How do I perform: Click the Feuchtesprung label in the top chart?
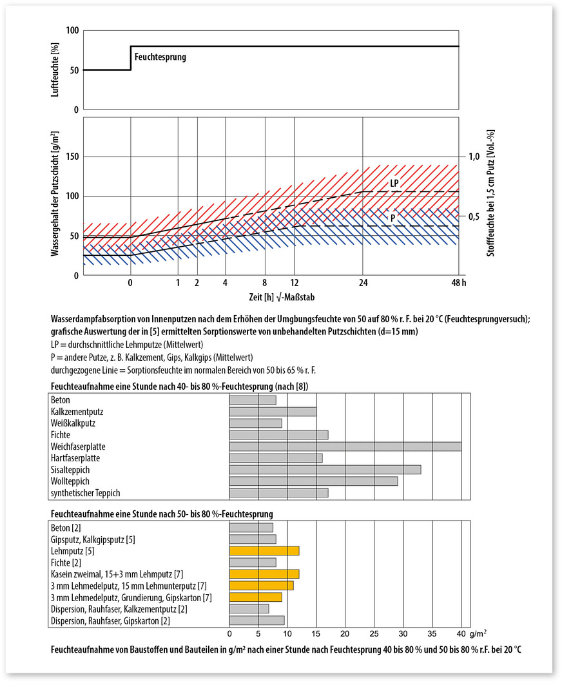coord(160,57)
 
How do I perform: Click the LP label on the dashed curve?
coord(394,184)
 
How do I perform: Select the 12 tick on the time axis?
coord(294,283)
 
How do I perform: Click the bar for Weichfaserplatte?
coord(345,447)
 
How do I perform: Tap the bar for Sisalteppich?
coord(325,470)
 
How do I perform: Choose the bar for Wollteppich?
coord(313,481)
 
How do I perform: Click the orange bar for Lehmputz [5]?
coord(264,551)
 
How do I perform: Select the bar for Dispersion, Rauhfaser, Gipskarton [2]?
coord(257,620)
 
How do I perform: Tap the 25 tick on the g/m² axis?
coord(374,634)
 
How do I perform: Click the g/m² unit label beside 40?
coord(478,634)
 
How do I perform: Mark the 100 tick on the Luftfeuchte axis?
coord(71,30)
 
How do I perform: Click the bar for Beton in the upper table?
coord(253,400)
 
